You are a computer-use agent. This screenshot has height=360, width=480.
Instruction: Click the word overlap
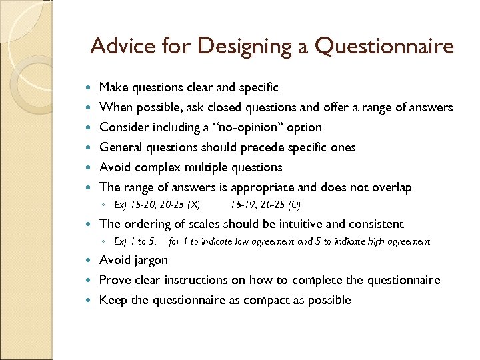(389, 187)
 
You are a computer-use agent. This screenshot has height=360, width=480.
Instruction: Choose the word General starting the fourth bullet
(121, 147)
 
